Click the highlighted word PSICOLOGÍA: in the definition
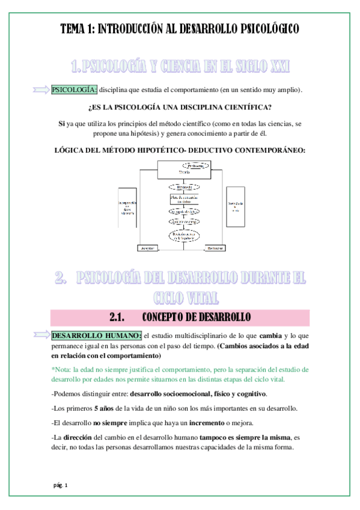(x=75, y=90)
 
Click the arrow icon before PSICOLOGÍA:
(x=40, y=90)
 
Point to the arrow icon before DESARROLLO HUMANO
(x=40, y=335)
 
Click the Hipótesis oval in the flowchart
(x=184, y=187)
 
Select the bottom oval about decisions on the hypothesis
(x=185, y=236)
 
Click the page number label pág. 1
(x=61, y=485)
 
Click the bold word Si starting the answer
(x=61, y=123)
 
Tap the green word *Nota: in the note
(x=64, y=369)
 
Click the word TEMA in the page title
(x=75, y=28)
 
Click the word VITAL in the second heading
(x=201, y=296)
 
